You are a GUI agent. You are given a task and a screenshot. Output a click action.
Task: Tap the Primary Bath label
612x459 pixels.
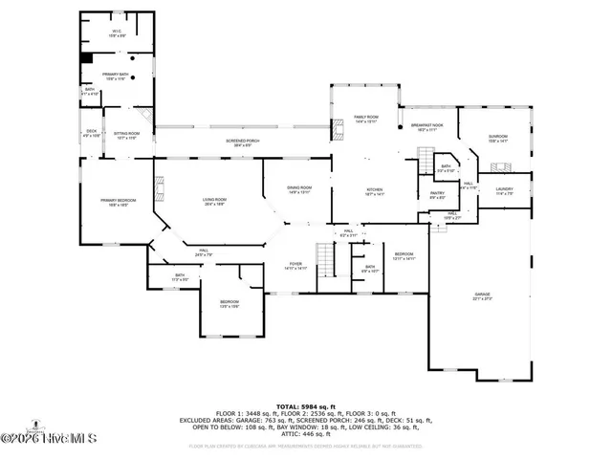pos(116,77)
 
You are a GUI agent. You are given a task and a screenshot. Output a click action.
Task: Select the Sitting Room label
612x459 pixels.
pos(126,136)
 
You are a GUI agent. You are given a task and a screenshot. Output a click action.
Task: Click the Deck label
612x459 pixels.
pos(92,133)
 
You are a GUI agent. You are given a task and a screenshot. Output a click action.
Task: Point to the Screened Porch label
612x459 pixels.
pos(243,142)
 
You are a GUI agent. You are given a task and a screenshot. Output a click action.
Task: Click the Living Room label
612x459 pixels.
pos(214,202)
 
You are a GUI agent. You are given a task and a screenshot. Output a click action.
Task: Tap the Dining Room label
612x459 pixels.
pos(299,189)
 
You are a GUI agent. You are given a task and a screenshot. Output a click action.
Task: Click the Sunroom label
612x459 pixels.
pos(497,138)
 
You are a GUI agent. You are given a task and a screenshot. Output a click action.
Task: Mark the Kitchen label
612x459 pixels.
pos(375,191)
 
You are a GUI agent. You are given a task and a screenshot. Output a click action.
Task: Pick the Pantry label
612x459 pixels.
pos(436,195)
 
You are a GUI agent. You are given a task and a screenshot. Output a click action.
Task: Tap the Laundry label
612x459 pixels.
pos(504,190)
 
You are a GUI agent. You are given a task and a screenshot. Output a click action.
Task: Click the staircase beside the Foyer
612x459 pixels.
pos(327,259)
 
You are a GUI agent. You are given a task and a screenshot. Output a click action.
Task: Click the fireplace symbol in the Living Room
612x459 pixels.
pos(160,186)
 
